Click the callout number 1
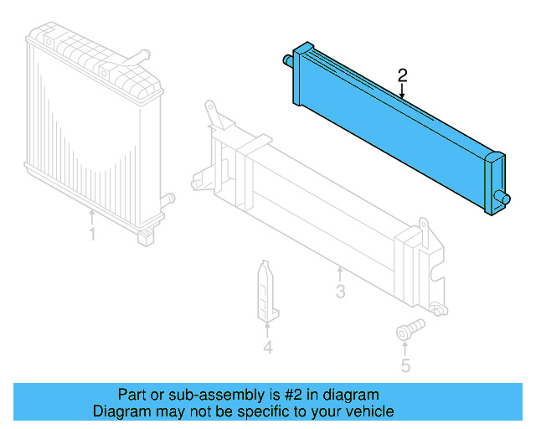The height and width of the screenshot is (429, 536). pos(92,234)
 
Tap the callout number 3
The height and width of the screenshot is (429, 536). pos(340,292)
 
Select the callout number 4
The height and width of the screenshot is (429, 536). pos(267,347)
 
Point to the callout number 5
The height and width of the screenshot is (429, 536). pos(405,365)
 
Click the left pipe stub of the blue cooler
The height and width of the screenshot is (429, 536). pos(286,59)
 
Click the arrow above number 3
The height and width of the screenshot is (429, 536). pos(340,273)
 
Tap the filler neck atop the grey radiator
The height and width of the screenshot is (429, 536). pos(133,61)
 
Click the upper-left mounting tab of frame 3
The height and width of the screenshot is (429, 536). pos(212,112)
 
